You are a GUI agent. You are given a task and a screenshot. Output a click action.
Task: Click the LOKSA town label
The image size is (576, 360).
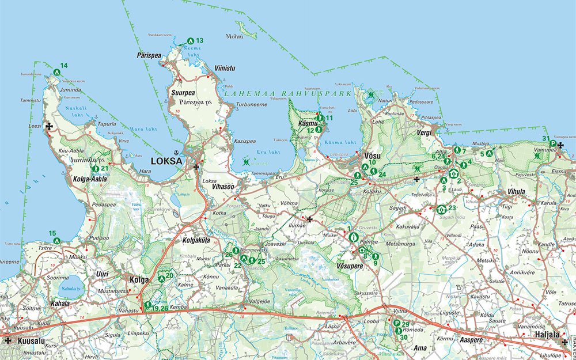tap(166, 161)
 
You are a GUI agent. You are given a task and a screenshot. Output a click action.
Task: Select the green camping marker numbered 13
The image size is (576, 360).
tap(191, 41)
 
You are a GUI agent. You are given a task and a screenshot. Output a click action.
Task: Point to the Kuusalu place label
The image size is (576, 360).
tap(31, 340)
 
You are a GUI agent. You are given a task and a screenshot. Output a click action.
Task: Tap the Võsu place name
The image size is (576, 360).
tap(373, 155)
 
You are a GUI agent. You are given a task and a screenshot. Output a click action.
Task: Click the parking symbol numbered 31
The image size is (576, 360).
tap(552, 143)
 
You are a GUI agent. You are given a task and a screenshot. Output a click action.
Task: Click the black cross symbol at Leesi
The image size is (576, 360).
tap(50, 126)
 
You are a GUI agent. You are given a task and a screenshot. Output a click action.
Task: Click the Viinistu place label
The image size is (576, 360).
tap(225, 68)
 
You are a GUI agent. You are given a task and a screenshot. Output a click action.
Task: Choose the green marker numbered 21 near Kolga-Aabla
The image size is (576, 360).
tap(96, 169)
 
